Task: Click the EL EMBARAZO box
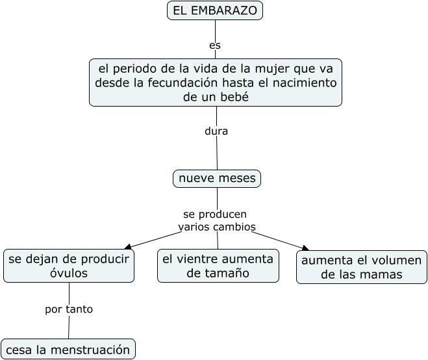pyautogui.click(x=214, y=10)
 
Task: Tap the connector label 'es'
pyautogui.click(x=215, y=45)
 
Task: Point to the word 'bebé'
pyautogui.click(x=234, y=97)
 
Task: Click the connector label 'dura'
pyautogui.click(x=216, y=131)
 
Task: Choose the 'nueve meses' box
pyautogui.click(x=217, y=178)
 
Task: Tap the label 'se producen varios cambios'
pyautogui.click(x=216, y=220)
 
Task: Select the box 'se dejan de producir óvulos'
pyautogui.click(x=69, y=266)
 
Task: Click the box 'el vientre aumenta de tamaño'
pyautogui.click(x=218, y=266)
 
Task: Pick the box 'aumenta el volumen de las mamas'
pyautogui.click(x=362, y=267)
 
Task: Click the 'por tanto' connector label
pyautogui.click(x=69, y=309)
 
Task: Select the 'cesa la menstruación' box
pyautogui.click(x=68, y=350)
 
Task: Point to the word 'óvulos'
pyautogui.click(x=69, y=274)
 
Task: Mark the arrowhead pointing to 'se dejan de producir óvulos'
pyautogui.click(x=128, y=246)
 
